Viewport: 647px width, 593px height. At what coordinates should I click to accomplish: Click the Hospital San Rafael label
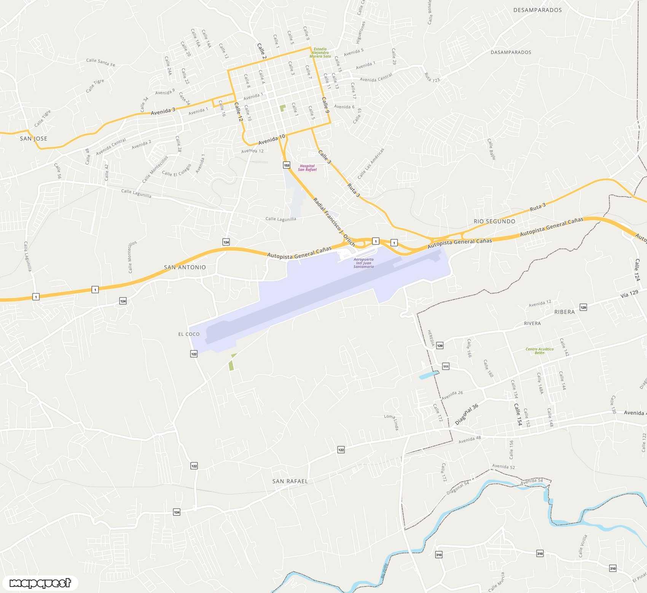[x=307, y=168]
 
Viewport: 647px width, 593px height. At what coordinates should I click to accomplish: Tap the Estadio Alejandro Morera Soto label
[x=320, y=52]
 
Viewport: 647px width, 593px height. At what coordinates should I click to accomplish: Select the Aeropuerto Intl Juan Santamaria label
[x=363, y=263]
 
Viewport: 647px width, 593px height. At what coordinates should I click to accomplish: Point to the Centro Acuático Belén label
[x=539, y=351]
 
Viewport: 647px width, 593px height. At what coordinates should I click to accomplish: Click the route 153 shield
[x=287, y=165]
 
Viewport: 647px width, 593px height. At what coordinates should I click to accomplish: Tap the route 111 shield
[x=446, y=366]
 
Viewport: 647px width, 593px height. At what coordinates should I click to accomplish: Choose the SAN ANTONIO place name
[x=185, y=267]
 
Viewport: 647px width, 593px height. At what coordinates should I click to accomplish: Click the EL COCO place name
[x=189, y=334]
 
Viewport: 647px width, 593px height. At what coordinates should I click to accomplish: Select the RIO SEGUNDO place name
[x=494, y=221]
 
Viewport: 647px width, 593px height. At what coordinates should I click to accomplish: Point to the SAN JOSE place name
[x=33, y=139]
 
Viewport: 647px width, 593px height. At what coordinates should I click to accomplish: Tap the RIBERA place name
[x=564, y=312]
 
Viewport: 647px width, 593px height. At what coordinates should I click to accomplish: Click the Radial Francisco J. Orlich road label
[x=334, y=222]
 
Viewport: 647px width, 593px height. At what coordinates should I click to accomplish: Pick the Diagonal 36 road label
[x=467, y=414]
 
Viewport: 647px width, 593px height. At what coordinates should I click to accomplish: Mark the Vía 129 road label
[x=629, y=293]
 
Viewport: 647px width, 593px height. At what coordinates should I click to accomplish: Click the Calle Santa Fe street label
[x=100, y=62]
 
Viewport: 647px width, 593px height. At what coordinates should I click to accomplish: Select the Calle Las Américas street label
[x=371, y=163]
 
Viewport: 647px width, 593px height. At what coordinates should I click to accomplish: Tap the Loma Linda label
[x=392, y=422]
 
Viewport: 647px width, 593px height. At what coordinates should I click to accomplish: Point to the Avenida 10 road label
[x=271, y=140]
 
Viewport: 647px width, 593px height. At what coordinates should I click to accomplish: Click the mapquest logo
[x=40, y=583]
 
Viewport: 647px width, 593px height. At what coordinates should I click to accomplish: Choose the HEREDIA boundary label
[x=431, y=338]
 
